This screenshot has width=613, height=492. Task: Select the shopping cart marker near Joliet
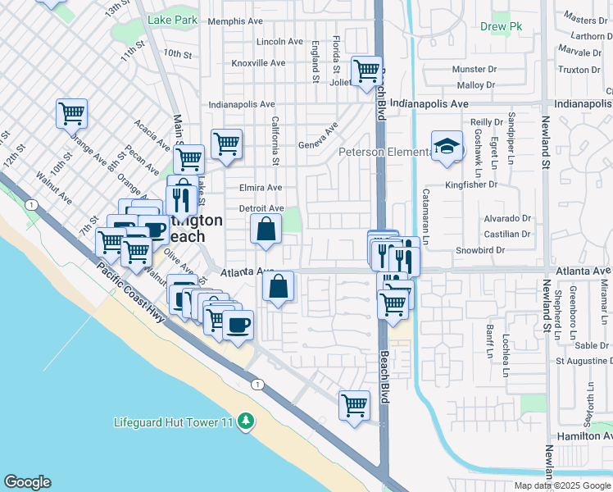tap(366, 71)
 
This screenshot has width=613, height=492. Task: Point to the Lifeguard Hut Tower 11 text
tap(174, 423)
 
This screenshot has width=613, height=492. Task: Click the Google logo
tap(27, 482)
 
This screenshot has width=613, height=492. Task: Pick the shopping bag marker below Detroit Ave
tap(266, 230)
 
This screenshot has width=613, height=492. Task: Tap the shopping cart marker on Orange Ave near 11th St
tap(71, 114)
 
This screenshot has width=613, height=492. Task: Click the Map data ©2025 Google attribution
tap(562, 485)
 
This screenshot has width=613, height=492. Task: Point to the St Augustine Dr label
tap(583, 360)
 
